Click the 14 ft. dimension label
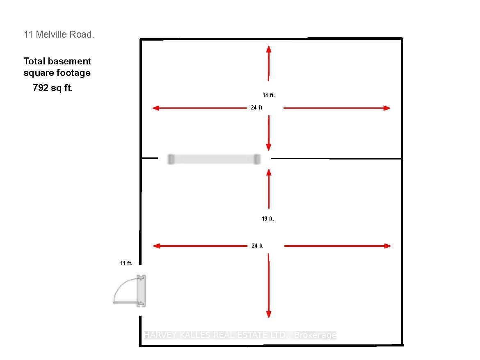pyautogui.click(x=268, y=96)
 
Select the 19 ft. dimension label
pyautogui.click(x=268, y=219)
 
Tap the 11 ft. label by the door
pyautogui.click(x=126, y=263)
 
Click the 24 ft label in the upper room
pyautogui.click(x=256, y=108)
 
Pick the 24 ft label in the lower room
pyautogui.click(x=257, y=246)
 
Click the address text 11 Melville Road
pyautogui.click(x=59, y=34)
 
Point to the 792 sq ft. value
pyautogui.click(x=53, y=88)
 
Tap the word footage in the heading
pyautogui.click(x=74, y=73)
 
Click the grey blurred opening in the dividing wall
pyautogui.click(x=214, y=159)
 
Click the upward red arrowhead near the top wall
pyautogui.click(x=269, y=49)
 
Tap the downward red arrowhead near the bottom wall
pyautogui.click(x=269, y=314)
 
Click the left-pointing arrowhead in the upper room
pyautogui.click(x=156, y=108)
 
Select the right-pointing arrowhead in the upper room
pyautogui.click(x=387, y=108)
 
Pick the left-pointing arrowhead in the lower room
pyautogui.click(x=156, y=246)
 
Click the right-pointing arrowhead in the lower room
pyautogui.click(x=388, y=246)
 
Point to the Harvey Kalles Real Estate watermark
pyautogui.click(x=240, y=335)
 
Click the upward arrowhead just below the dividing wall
pyautogui.click(x=269, y=172)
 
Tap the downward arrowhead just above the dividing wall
pyautogui.click(x=269, y=147)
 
